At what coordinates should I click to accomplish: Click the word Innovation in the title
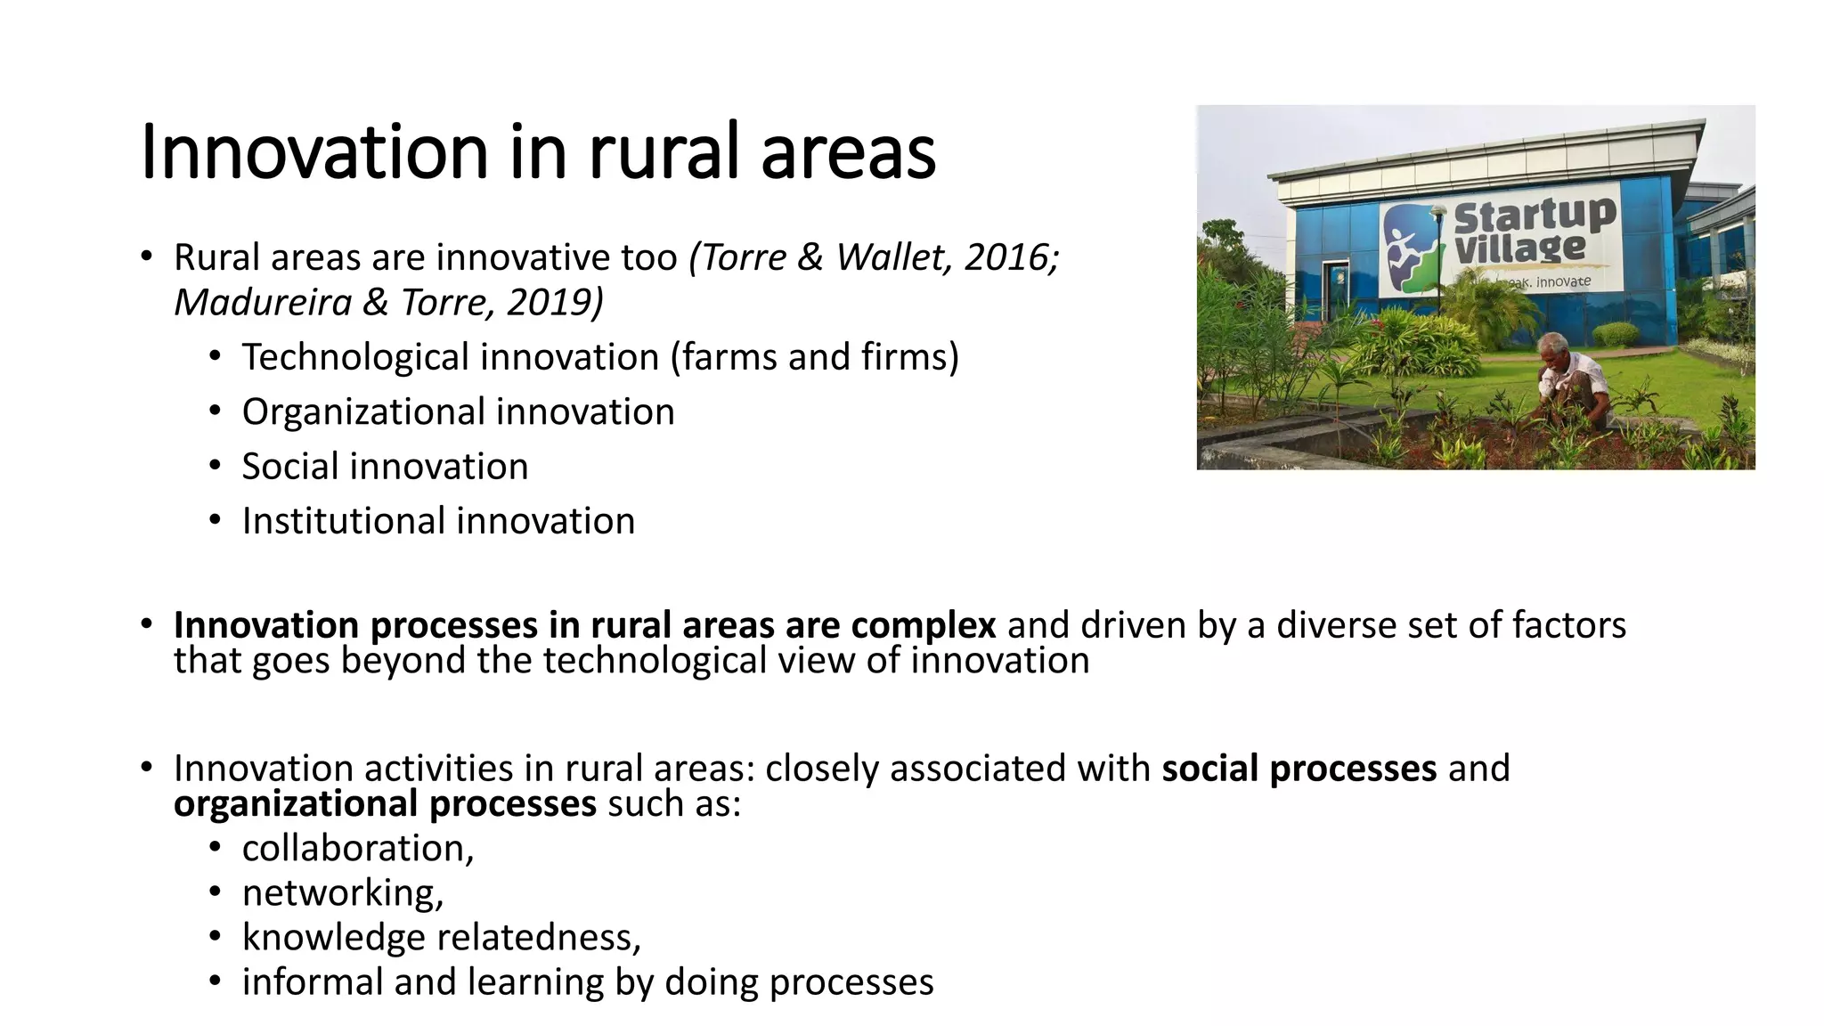(314, 152)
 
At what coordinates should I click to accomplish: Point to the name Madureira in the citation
(263, 303)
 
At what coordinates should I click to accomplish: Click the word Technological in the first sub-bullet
(354, 358)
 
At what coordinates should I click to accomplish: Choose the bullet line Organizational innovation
(458, 412)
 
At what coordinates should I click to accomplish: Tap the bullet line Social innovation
(385, 467)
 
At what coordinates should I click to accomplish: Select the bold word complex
(923, 625)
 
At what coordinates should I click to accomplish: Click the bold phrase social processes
(1299, 769)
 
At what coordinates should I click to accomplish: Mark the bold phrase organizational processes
(385, 804)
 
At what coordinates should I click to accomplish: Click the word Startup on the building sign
(1534, 216)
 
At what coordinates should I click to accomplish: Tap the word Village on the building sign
(1519, 248)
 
